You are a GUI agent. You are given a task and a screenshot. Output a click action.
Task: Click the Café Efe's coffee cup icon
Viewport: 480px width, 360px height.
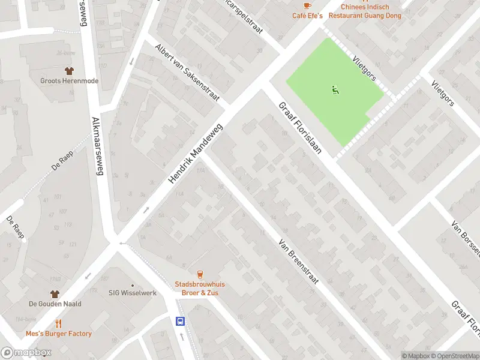(307, 5)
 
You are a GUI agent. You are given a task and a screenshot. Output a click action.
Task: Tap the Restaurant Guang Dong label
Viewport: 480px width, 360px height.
(364, 15)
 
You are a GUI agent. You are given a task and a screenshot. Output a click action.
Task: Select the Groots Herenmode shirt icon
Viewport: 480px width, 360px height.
(69, 71)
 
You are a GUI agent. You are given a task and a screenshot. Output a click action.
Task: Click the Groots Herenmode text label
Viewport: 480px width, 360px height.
(69, 81)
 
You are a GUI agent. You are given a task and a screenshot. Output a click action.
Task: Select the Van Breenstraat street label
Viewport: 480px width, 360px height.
(298, 262)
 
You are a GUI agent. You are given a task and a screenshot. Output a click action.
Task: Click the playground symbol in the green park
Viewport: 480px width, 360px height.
(335, 91)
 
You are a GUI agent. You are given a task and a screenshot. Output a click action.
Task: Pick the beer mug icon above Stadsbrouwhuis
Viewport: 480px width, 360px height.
(199, 274)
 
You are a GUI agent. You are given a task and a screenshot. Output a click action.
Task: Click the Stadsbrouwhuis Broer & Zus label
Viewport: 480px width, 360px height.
(199, 288)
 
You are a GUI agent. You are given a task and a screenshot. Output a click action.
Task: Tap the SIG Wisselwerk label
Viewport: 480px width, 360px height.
(132, 293)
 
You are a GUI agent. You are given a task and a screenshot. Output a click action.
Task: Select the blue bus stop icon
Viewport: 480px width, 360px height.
(180, 321)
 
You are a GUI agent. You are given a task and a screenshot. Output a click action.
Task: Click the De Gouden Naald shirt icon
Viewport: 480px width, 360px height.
(55, 294)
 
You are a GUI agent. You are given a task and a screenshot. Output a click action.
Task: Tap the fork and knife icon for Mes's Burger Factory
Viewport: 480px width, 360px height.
(58, 323)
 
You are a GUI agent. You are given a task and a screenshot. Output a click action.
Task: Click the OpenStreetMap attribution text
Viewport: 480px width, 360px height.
(454, 356)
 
